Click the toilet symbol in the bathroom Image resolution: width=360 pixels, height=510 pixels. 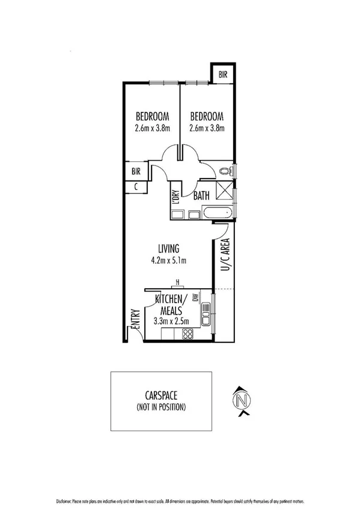[x=225, y=171]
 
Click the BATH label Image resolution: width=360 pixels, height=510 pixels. [x=201, y=195]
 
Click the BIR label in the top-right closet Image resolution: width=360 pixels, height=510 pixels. [x=223, y=75]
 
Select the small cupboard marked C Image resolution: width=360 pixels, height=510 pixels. [x=136, y=187]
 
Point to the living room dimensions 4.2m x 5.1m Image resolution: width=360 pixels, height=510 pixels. [x=169, y=260]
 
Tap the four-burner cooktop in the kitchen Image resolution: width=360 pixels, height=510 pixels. [x=188, y=334]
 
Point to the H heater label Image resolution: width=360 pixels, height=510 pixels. [x=177, y=282]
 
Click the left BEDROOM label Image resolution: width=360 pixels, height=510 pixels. [x=152, y=117]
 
